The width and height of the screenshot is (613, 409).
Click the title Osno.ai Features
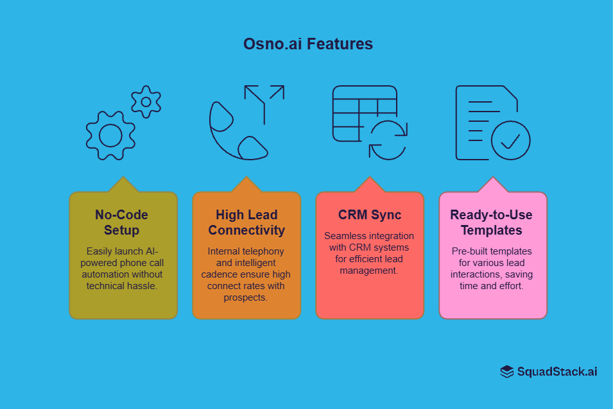307,44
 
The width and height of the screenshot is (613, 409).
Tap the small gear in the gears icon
146,101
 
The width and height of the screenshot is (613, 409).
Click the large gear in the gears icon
110,135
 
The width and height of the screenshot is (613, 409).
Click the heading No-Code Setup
122,222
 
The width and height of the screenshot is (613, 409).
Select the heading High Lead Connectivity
246,222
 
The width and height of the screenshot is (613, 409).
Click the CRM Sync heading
369,215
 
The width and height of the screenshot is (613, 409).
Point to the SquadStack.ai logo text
557,371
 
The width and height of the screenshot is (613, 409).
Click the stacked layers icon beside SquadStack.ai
507,371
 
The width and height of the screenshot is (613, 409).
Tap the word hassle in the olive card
142,285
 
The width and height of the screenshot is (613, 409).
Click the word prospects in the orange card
246,297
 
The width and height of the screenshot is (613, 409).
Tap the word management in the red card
369,271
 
